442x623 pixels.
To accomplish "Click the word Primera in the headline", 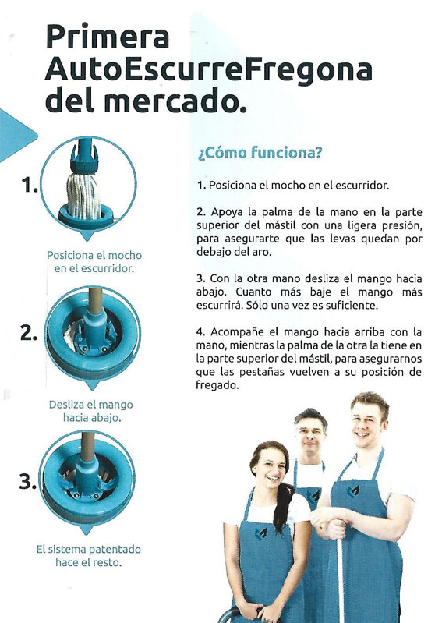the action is pos(108,37).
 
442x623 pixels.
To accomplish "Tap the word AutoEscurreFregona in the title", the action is pos(209,70).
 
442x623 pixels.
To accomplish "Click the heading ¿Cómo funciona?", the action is pos(260,153).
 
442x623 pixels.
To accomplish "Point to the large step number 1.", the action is pos(30,185).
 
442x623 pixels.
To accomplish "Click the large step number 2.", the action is pos(29,333).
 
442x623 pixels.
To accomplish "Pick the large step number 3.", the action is pos(28,482).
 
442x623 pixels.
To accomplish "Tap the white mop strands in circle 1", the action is pos(83,196).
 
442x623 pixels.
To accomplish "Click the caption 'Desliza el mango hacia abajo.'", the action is pos(91,411).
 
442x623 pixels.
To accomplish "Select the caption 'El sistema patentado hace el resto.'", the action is pos(89,556).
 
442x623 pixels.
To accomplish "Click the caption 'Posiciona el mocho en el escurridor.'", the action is pos(94,262).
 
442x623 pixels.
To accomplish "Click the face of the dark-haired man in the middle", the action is pos(310,435).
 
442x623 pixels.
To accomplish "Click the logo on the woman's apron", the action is pos(261,533).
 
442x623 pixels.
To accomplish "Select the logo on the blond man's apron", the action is pos(353,490).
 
